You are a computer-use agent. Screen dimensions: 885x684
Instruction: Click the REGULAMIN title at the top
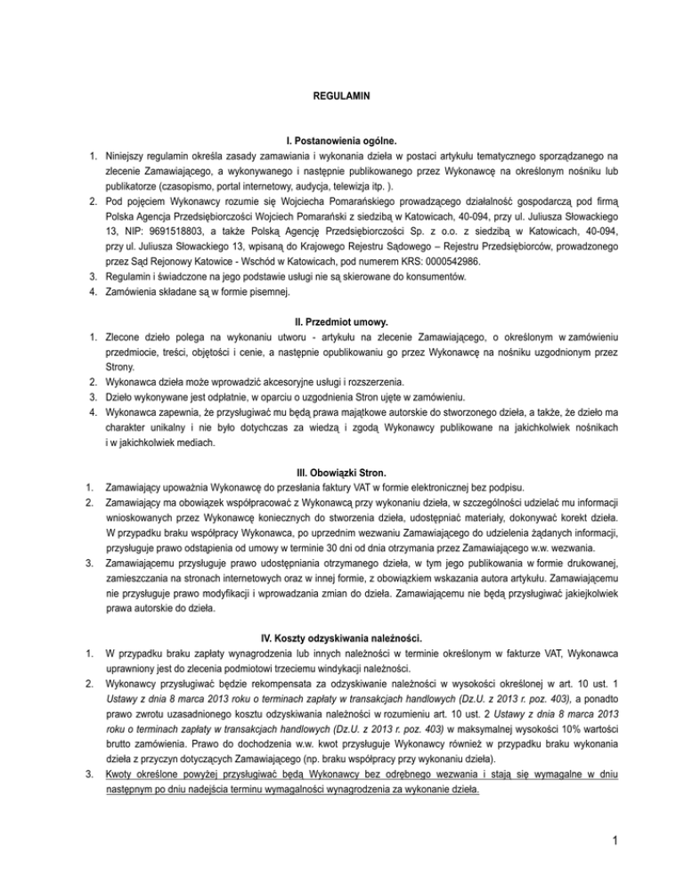pos(341,94)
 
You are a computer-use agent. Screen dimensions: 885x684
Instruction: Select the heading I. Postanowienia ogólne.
pos(341,142)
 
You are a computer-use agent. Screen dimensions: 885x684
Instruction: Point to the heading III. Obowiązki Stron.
pos(341,471)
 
